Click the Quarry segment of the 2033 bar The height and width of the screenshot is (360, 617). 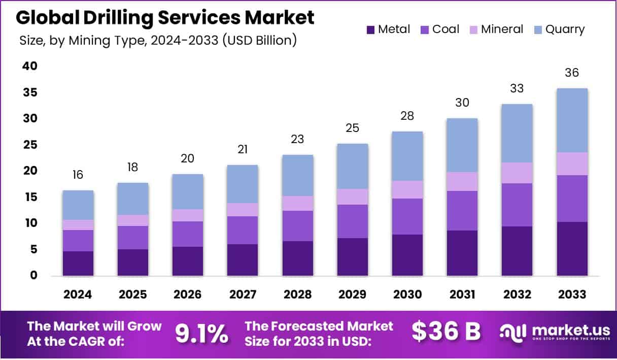tap(572, 120)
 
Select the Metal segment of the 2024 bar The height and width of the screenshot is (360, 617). tap(78, 264)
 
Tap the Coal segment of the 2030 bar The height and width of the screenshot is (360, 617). tap(407, 216)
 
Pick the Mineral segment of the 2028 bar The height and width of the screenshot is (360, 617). tap(298, 203)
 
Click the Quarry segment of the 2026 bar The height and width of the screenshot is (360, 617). tap(188, 192)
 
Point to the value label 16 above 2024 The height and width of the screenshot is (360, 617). tap(78, 175)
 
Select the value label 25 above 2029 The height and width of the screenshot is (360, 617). tap(353, 128)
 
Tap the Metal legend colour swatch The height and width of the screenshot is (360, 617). tap(370, 30)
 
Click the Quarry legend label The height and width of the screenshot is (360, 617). tap(565, 29)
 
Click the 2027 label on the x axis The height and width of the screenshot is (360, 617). tap(243, 294)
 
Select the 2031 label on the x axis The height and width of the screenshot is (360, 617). tap(462, 294)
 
